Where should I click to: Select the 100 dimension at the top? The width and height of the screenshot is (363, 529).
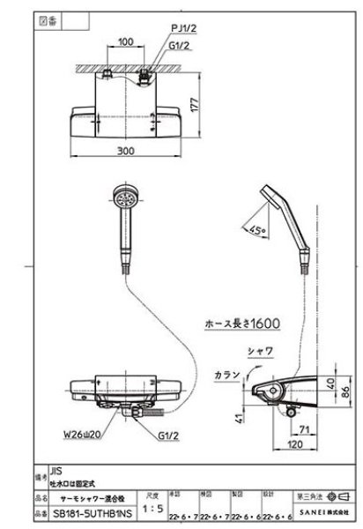(125, 41)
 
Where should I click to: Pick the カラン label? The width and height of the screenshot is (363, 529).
(226, 374)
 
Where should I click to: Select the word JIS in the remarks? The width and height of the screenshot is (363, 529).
(56, 472)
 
